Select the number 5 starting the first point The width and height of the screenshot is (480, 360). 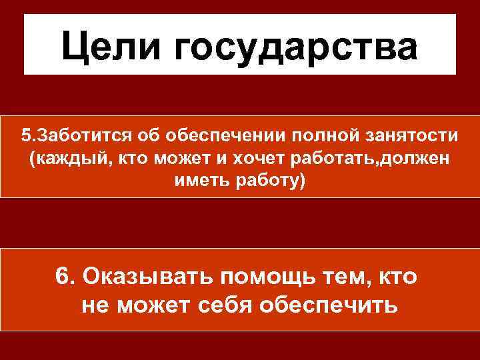(x=25, y=136)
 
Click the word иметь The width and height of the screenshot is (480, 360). (x=198, y=181)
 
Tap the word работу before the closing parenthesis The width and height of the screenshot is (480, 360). (x=269, y=181)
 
